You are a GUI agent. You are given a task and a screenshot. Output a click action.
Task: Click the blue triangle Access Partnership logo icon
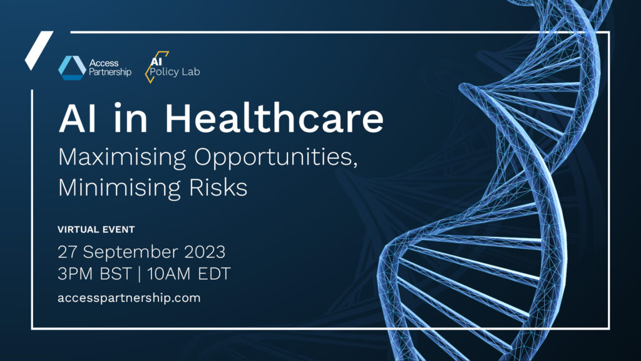point(72,68)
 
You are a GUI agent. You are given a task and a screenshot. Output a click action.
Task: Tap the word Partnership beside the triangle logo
point(110,73)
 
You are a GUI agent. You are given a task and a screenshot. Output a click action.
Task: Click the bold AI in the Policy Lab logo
point(156,61)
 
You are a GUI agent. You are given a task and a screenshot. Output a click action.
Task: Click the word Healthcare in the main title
point(274,118)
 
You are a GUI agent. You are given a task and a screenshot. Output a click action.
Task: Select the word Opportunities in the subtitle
point(275,158)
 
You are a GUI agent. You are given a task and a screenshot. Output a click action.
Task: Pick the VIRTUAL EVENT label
point(96,229)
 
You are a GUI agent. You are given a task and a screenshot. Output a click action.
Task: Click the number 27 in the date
point(67,252)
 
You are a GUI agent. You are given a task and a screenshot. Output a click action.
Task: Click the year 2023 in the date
point(205,252)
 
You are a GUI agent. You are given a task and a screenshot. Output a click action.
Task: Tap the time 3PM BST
point(95,274)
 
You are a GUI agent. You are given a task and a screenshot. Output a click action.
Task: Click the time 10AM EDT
point(189,274)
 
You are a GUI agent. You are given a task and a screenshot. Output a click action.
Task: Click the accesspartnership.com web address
point(129,298)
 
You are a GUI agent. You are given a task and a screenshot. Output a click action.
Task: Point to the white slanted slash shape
point(39,50)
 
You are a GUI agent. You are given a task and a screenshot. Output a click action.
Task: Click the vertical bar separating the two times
point(140,274)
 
